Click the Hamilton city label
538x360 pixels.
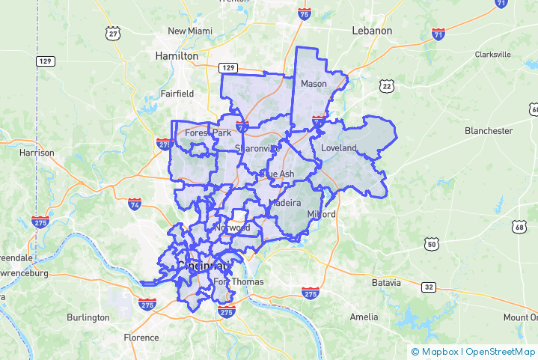tap(176, 56)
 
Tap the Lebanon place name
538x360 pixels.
tap(372, 31)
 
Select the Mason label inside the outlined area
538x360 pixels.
tap(314, 84)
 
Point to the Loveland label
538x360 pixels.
tap(339, 148)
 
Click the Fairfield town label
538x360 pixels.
tap(177, 94)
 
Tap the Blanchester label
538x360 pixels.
tap(489, 131)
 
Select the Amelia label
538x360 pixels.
tap(364, 317)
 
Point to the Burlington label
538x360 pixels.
tap(88, 317)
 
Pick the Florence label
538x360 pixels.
tap(141, 337)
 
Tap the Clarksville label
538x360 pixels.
tap(492, 55)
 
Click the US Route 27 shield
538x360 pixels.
tap(113, 33)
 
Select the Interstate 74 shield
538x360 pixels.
tap(135, 204)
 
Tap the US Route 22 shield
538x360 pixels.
tap(386, 86)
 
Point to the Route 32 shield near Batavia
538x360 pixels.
tap(428, 287)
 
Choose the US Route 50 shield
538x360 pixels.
tap(430, 244)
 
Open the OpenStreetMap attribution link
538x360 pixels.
tap(501, 352)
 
